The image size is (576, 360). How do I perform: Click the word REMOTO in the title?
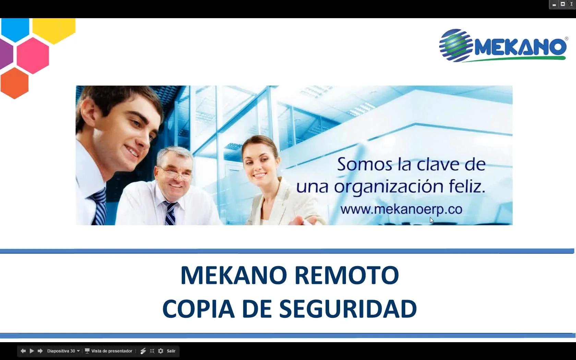[347, 275]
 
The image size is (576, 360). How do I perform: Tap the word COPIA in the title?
[198, 309]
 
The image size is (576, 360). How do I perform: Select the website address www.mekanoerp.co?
[401, 209]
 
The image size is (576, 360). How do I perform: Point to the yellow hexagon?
[54, 29]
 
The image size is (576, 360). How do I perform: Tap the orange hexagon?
[14, 83]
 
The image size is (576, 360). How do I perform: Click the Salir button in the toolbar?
[171, 351]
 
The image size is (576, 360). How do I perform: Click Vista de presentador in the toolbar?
[111, 351]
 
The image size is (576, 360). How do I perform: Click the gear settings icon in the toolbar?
[160, 351]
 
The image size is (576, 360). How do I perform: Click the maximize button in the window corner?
[563, 4]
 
